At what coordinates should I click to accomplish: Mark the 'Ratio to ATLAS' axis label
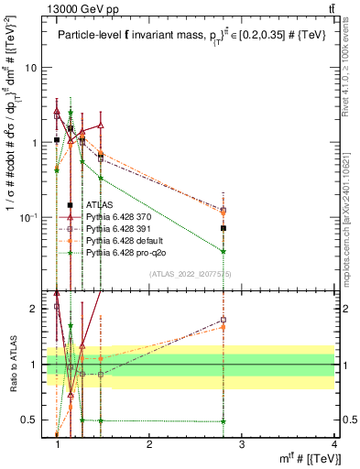pos(11,365)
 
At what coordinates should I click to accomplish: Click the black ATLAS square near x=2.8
pos(224,228)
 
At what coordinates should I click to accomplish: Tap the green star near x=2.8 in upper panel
pos(224,251)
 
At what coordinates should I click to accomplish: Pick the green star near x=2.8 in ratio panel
pos(224,421)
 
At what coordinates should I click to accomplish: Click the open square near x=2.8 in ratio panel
pos(224,320)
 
